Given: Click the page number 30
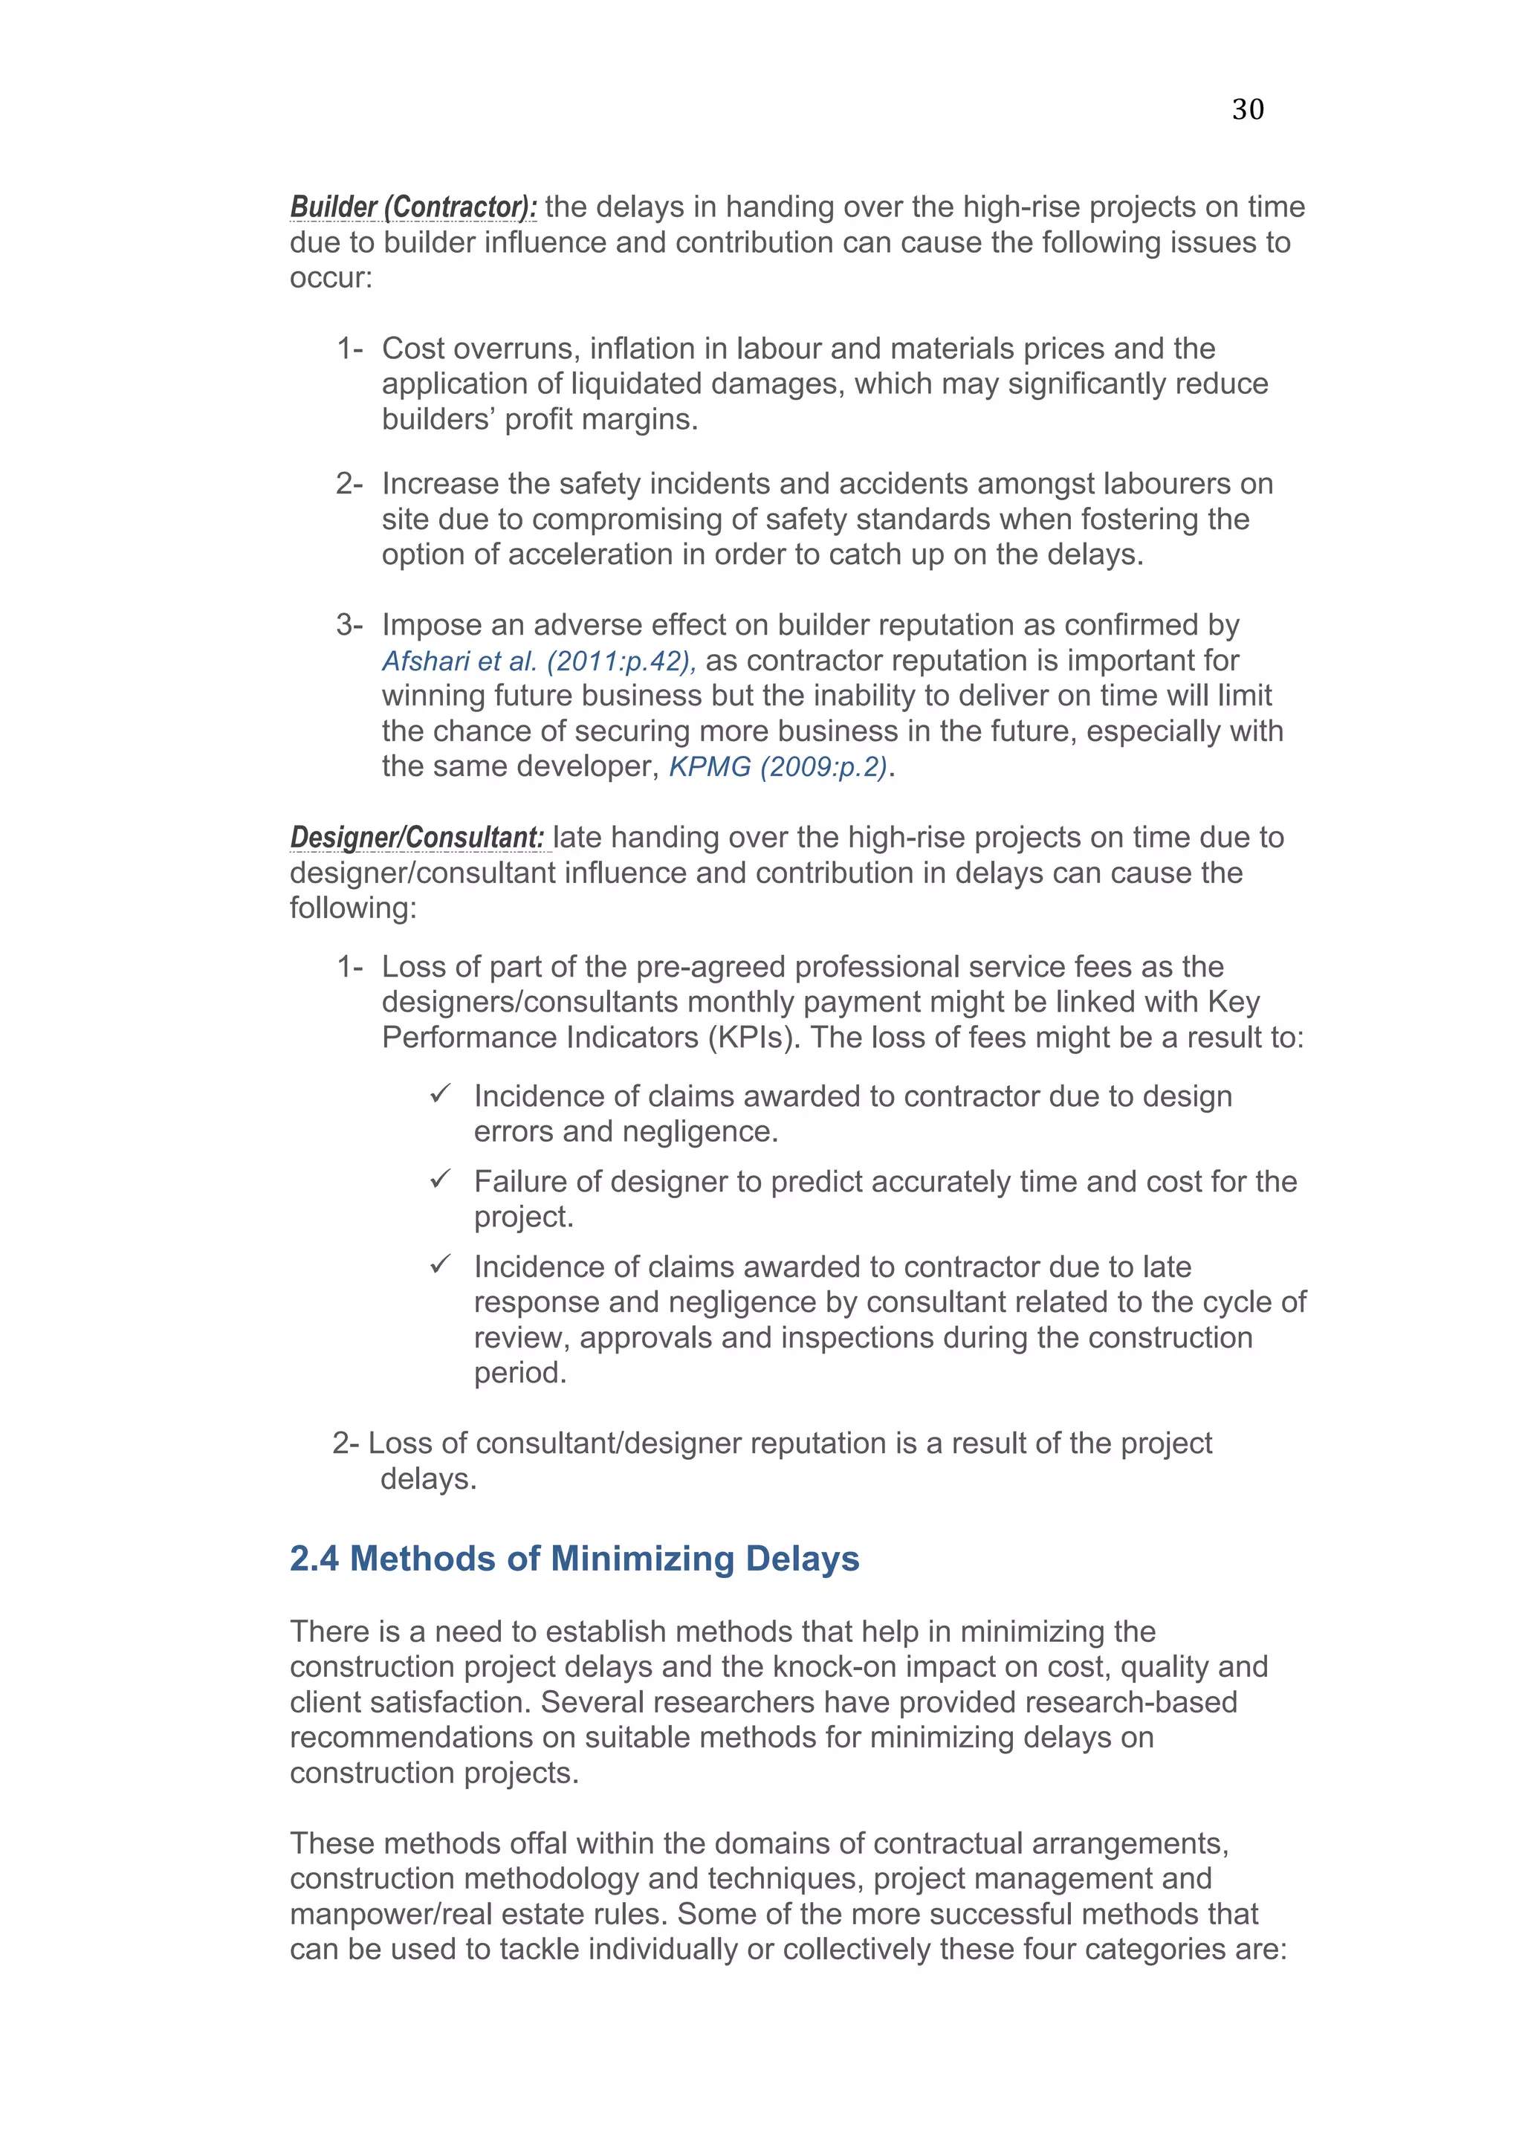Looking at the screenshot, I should pyautogui.click(x=1247, y=110).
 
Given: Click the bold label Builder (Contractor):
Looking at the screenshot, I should pyautogui.click(x=412, y=207).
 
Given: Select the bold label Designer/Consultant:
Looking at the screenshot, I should pyautogui.click(x=416, y=837).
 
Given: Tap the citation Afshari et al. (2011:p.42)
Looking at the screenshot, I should pyautogui.click(x=538, y=662).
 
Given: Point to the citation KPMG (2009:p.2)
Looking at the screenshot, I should pyautogui.click(x=777, y=767).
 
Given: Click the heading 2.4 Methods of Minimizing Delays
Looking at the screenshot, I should pyautogui.click(x=574, y=1559).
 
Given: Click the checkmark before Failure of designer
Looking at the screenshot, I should pyautogui.click(x=441, y=1180).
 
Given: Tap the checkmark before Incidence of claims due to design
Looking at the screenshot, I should pyautogui.click(x=441, y=1094).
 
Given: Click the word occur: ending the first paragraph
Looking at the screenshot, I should pyautogui.click(x=331, y=279).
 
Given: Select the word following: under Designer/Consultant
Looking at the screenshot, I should pyautogui.click(x=352, y=908).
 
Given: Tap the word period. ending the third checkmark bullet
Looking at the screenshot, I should pyautogui.click(x=519, y=1374).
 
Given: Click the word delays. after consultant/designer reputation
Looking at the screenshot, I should pyautogui.click(x=429, y=1479).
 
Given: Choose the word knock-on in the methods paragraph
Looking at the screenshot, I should pyautogui.click(x=841, y=1667).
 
